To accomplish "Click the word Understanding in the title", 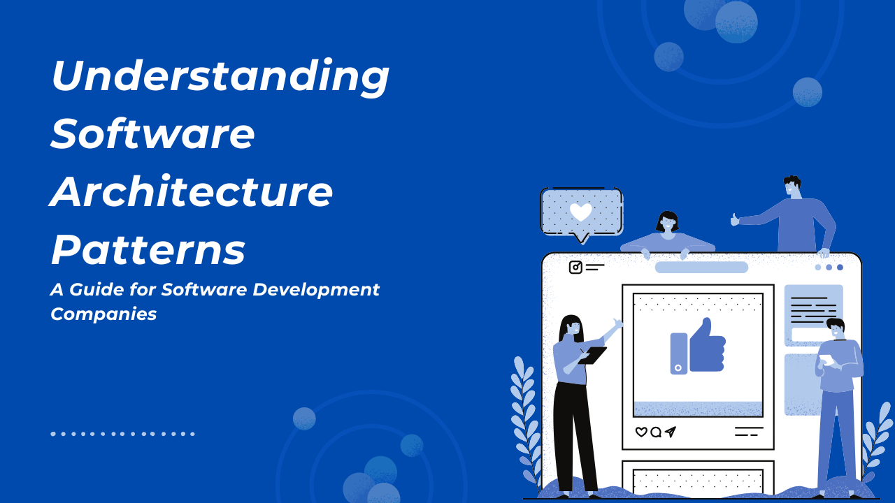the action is pos(220,78).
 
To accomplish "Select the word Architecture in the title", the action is pos(191,191).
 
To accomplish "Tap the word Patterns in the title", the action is pos(148,249).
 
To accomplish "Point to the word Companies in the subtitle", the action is pos(103,314).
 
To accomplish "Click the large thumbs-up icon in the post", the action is pos(698,346).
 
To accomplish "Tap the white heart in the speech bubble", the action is pos(580,212).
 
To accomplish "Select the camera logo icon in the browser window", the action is pos(575,267).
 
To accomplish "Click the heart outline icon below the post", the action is pos(641,432).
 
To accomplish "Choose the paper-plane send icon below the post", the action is pos(671,432).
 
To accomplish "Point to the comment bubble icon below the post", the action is pos(656,432).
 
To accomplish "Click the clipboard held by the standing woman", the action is pos(592,356).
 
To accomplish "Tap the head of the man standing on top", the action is pos(792,187).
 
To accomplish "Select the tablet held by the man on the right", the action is pos(826,360).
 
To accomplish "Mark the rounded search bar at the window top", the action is pos(701,268).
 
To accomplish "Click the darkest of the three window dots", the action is pos(840,268).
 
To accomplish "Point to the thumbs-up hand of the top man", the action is pos(735,219).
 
